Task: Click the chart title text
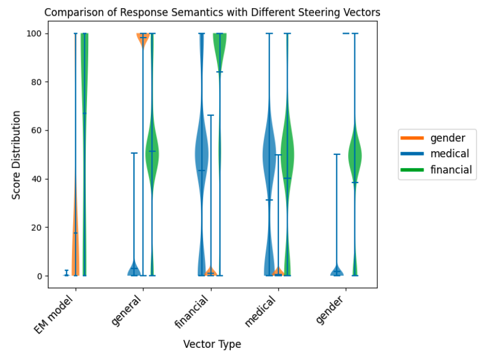[212, 12]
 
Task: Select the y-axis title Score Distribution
[16, 155]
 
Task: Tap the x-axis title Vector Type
[212, 344]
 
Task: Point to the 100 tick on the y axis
[34, 34]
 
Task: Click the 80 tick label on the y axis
[37, 82]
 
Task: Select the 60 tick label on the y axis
[37, 130]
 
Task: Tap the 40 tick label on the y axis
[37, 179]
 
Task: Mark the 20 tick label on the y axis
[37, 227]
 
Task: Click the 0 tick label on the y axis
[39, 276]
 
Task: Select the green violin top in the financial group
[220, 49]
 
